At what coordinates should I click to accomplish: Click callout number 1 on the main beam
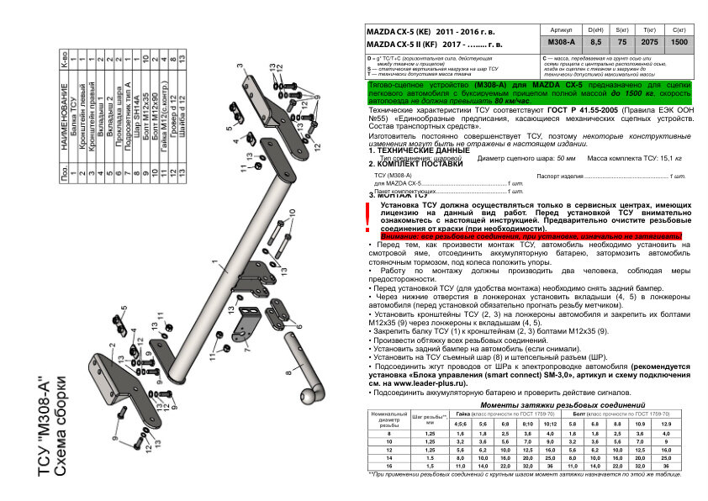point(214,263)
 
